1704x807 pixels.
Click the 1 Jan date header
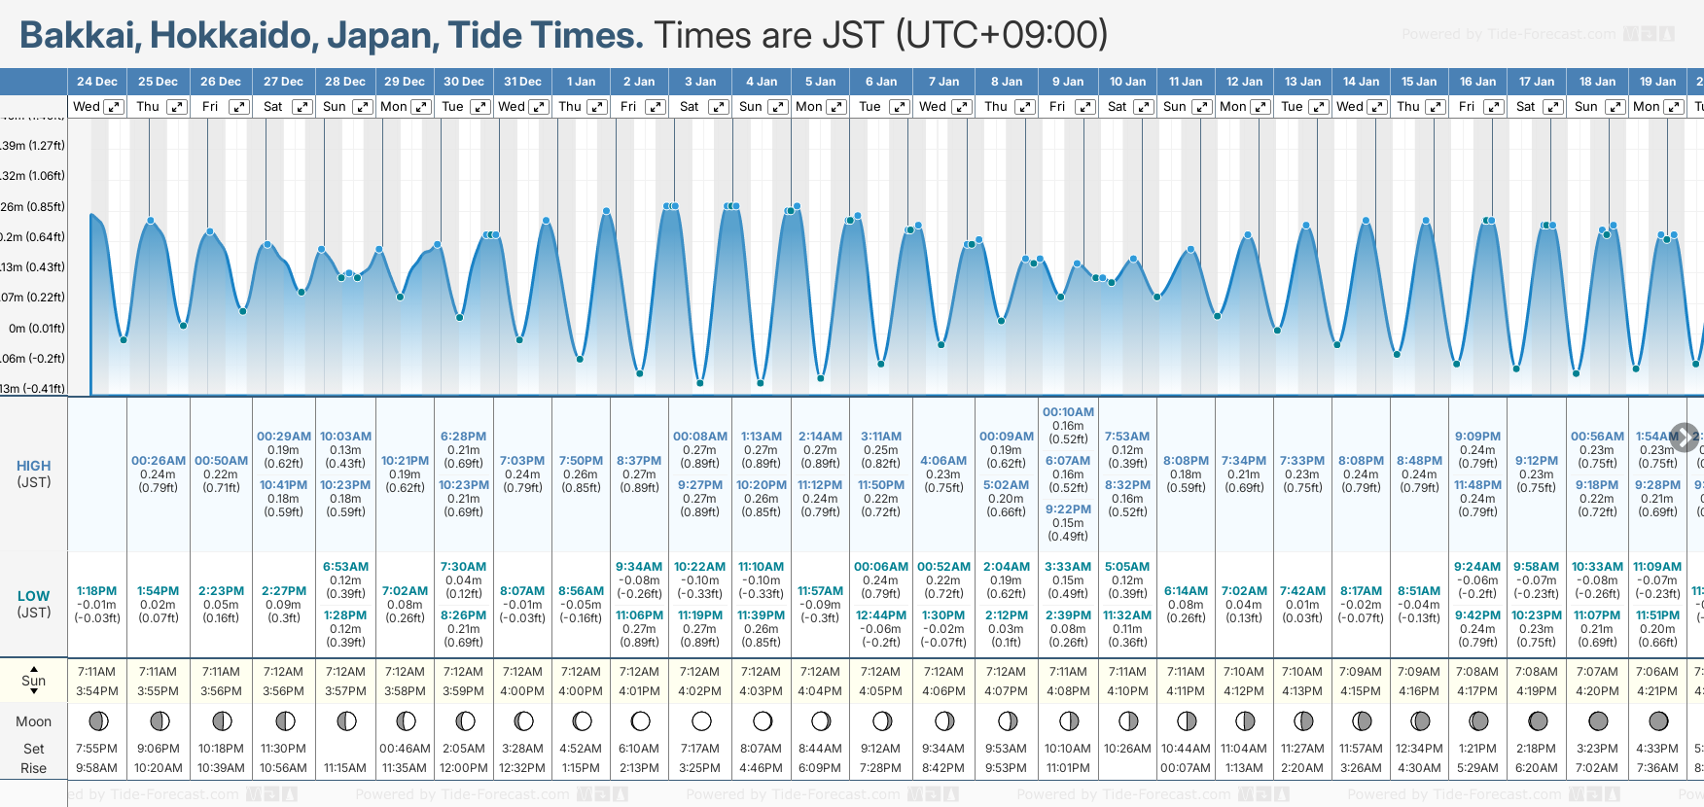tap(581, 82)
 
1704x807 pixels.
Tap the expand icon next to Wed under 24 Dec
tap(114, 107)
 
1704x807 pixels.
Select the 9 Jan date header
tap(1068, 82)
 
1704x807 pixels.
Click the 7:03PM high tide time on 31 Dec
tap(522, 461)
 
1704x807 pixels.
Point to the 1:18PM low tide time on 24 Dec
tap(96, 591)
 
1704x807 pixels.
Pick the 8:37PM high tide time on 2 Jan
tap(639, 461)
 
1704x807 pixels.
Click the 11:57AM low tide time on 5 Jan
tap(820, 591)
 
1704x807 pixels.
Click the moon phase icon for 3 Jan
tap(701, 721)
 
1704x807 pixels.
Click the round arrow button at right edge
tap(1685, 438)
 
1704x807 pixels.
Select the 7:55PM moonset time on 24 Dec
tap(96, 749)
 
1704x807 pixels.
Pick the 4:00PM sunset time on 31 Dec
tap(522, 691)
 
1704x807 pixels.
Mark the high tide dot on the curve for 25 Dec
tap(151, 221)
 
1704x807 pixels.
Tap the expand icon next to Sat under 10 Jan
tap(1144, 107)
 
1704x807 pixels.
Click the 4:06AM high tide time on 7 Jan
tap(943, 461)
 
